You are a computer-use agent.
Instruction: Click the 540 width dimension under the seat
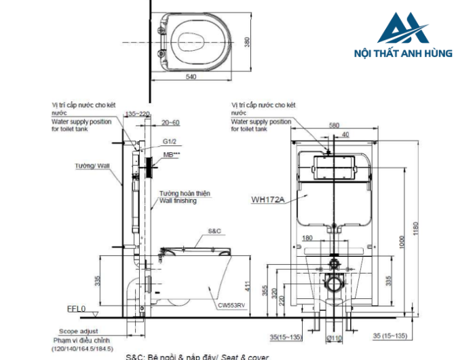point(191,77)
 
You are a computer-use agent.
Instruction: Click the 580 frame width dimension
point(332,125)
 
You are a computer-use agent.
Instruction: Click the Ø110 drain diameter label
point(333,338)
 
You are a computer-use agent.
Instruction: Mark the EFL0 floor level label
point(76,309)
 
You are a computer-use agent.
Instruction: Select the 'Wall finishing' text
point(178,201)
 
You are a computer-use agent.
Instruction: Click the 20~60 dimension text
point(170,123)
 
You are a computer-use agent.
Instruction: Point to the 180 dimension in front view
point(308,238)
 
